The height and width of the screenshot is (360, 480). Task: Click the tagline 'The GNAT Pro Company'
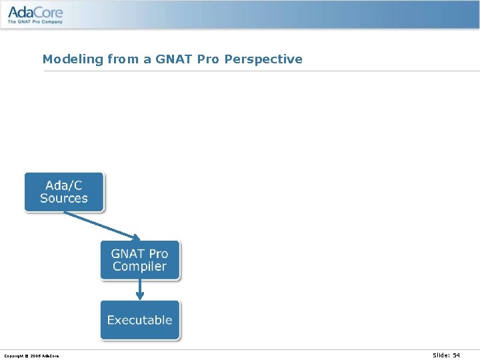(35, 22)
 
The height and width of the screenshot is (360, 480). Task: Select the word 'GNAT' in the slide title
(173, 59)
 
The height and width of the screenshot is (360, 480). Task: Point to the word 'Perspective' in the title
(263, 59)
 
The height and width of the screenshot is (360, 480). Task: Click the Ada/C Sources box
(64, 192)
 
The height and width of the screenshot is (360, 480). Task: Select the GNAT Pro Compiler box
(140, 260)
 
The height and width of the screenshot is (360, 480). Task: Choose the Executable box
(140, 320)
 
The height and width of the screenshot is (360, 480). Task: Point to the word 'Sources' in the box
(64, 199)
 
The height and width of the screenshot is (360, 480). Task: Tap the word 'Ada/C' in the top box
(64, 185)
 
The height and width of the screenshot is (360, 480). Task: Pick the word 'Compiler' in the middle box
(140, 267)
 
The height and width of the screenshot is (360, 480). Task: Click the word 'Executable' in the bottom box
(140, 320)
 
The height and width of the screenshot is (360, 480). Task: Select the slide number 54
(456, 355)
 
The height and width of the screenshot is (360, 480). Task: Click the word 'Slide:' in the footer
(441, 355)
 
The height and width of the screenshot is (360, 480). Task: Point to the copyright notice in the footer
(31, 356)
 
